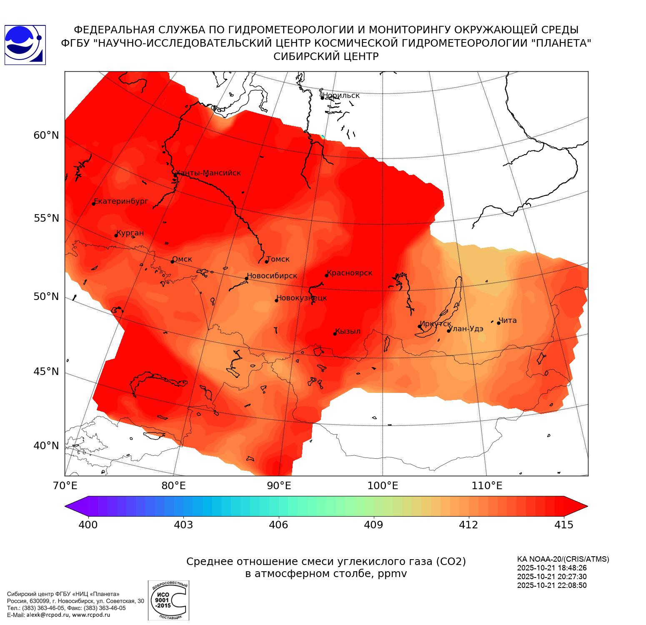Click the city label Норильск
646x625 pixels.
point(341,95)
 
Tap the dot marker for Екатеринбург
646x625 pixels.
point(94,203)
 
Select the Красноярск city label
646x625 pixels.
point(350,273)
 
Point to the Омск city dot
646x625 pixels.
point(172,262)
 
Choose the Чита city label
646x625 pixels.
point(508,320)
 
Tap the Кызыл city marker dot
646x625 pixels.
point(335,334)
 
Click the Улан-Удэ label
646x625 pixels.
point(466,329)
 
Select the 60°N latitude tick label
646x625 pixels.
point(46,135)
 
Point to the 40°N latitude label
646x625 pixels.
point(46,446)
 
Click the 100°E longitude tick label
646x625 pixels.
point(383,485)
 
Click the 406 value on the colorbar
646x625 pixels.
point(278,525)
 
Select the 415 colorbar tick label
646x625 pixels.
point(564,525)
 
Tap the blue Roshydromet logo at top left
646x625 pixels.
point(25,45)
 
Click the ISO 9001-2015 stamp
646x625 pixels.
point(168,600)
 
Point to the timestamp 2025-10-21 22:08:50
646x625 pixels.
point(552,585)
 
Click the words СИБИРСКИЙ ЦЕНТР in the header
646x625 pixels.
point(326,57)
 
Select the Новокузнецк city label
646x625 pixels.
point(302,298)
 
